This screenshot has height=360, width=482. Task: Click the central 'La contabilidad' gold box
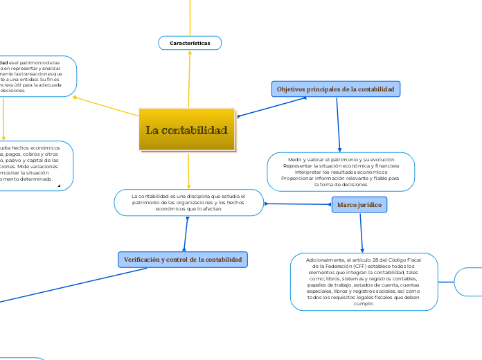tap(187, 129)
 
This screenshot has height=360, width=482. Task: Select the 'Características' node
tap(189, 43)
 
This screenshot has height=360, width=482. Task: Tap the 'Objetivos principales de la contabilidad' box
tap(336, 89)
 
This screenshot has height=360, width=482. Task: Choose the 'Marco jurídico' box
tap(359, 205)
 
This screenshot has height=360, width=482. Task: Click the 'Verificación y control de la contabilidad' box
tap(183, 259)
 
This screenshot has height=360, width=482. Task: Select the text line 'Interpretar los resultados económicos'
tap(341, 172)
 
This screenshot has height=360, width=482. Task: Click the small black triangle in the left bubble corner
tap(60, 186)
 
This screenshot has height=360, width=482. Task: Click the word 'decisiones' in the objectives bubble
tap(353, 185)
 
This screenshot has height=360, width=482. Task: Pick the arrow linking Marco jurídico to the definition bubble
tap(298, 204)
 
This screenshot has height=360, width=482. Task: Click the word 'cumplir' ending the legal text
tap(364, 303)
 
